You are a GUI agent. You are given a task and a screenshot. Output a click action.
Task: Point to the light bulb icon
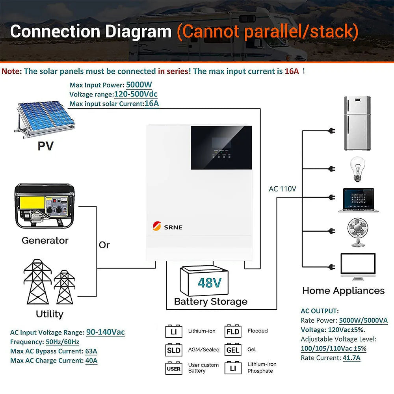point(357,169)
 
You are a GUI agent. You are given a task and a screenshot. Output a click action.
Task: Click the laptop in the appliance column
point(358,200)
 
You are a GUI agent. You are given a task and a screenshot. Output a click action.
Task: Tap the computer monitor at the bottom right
point(358,266)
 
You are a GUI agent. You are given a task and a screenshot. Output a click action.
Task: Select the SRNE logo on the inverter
point(168,227)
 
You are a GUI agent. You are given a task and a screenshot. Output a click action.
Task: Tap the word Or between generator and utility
point(104,245)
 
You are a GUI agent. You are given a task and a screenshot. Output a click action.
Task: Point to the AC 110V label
point(282,189)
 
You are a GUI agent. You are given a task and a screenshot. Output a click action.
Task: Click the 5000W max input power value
point(139,85)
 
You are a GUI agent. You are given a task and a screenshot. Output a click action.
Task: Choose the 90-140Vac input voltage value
point(105,332)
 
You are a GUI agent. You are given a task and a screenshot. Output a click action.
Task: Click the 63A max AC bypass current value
point(91,351)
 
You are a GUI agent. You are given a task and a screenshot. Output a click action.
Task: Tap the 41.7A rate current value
point(351,358)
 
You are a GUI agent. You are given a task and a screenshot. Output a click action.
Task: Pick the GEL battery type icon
point(233,349)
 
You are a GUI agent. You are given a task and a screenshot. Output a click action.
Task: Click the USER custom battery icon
point(173,368)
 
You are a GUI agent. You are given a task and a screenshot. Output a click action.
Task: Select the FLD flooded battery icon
point(233,331)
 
